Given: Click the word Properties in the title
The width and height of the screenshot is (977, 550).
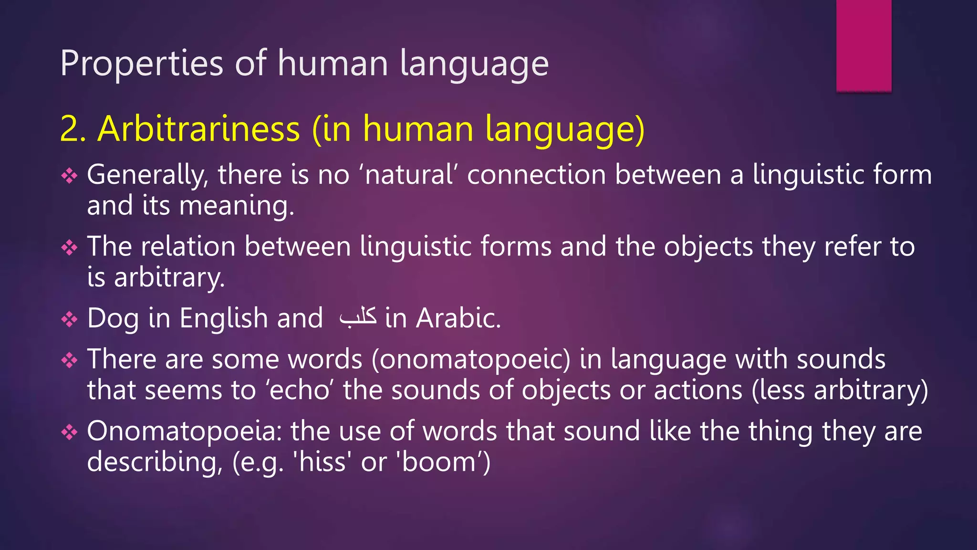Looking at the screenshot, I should pos(142,63).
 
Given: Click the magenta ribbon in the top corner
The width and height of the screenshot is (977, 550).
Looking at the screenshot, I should pos(863,45).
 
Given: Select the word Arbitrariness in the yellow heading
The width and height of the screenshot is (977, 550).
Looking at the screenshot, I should pos(199,129).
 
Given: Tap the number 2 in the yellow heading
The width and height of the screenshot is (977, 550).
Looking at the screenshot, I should pos(71,129).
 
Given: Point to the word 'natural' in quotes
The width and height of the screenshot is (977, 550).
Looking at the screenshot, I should pos(409,175).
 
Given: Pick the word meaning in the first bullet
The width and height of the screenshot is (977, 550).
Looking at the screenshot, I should pos(237,206).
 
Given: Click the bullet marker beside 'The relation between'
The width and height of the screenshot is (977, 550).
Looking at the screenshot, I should pos(69,247).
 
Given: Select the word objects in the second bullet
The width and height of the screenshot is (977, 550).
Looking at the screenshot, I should pos(708,247).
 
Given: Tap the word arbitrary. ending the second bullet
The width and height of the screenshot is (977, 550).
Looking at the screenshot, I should pos(169,278).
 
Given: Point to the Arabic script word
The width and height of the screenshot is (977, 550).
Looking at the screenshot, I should pos(358,317).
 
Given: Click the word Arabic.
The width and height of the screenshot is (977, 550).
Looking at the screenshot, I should pos(458,318).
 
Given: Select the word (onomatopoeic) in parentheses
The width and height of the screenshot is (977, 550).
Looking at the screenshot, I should pos(471,360).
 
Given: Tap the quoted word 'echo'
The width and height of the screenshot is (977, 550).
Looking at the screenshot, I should pos(300,390).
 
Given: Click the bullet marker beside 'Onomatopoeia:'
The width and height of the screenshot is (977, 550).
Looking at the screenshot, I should pos(69,432).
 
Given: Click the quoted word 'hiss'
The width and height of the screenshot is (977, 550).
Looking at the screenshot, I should pos(322,462).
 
